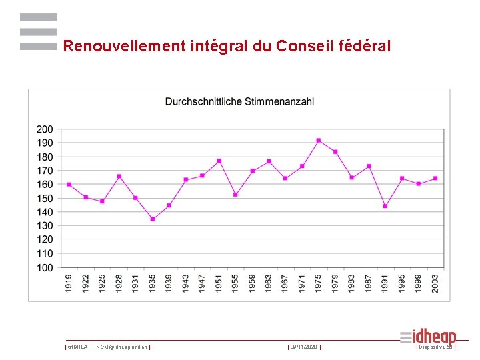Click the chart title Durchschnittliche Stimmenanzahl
click(239, 102)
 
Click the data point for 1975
click(319, 140)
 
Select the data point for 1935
click(153, 219)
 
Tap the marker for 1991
click(385, 206)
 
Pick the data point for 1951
click(219, 161)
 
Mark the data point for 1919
click(69, 185)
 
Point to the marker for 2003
click(435, 178)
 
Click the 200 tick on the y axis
click(45, 129)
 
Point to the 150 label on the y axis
click(45, 199)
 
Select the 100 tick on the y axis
click(45, 268)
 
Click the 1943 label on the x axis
click(186, 281)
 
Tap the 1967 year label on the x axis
click(285, 281)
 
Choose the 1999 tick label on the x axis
click(419, 281)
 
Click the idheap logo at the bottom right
click(428, 337)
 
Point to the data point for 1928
click(119, 177)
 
